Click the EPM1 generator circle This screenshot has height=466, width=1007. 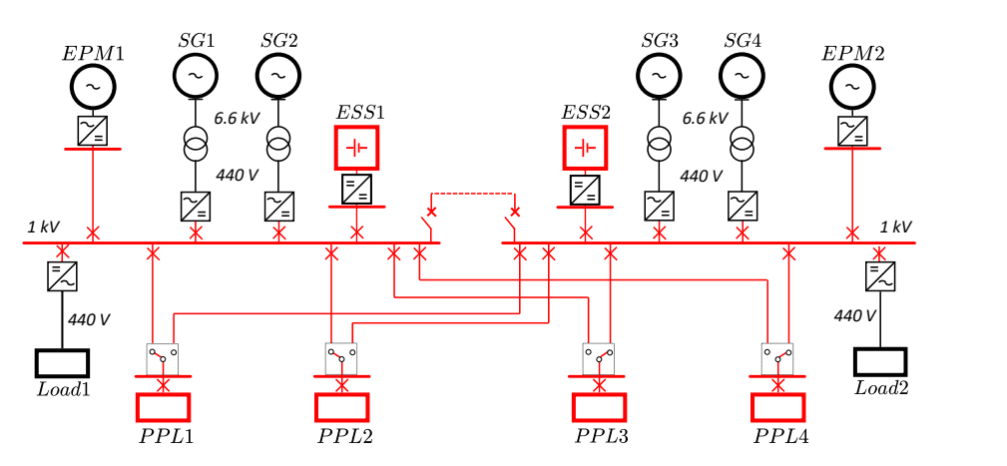[x=93, y=88]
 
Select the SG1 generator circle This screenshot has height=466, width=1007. [x=196, y=73]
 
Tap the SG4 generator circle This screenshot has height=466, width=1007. [x=742, y=73]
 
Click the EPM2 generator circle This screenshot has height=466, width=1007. [x=852, y=88]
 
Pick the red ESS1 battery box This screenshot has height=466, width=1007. [x=357, y=148]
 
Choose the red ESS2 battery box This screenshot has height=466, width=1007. [x=586, y=148]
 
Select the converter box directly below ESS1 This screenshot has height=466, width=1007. [x=357, y=190]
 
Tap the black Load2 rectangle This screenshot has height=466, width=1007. [x=880, y=362]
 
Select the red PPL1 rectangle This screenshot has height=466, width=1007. [x=163, y=408]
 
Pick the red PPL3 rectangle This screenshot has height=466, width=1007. [x=599, y=408]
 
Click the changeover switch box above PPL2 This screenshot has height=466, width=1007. [x=341, y=358]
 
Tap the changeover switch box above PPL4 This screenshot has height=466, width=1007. [x=777, y=358]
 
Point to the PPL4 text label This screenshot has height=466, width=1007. [x=780, y=437]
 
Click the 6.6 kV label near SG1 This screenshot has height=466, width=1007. [x=238, y=118]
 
